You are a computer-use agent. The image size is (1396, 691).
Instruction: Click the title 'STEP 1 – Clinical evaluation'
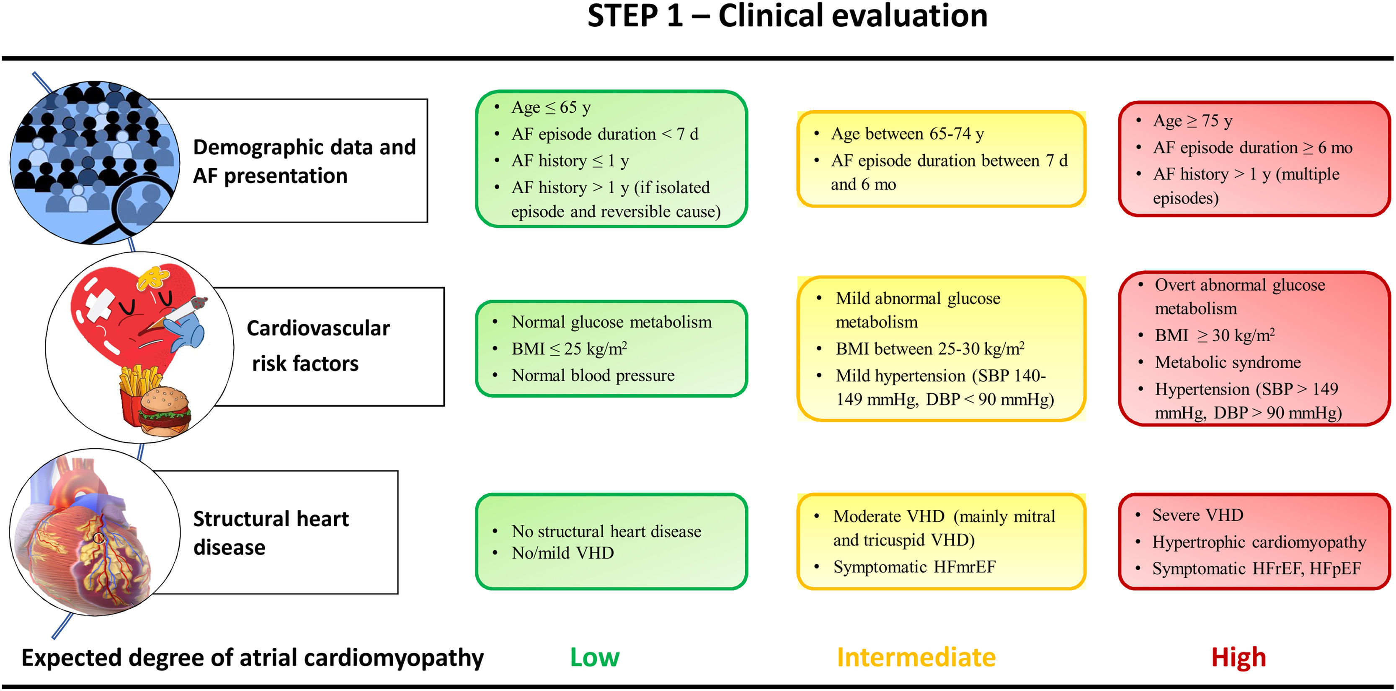coord(787,16)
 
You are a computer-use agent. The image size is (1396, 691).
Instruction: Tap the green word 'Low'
coord(594,657)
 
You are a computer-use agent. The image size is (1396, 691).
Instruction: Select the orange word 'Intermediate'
coord(916,657)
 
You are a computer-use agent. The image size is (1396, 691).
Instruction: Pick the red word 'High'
coord(1238,657)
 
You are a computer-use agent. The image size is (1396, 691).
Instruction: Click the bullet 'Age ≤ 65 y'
coord(551,107)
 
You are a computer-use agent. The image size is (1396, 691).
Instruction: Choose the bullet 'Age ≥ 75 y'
coord(1192,120)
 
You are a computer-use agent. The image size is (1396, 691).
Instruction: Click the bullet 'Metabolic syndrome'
coord(1228,362)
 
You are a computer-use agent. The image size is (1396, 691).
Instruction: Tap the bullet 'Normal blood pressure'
coord(593,375)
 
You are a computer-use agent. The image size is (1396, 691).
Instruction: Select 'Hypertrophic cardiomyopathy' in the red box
coord(1259,542)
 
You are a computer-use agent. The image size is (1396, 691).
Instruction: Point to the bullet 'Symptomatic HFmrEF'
coord(914,567)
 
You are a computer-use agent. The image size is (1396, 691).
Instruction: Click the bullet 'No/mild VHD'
coord(563,553)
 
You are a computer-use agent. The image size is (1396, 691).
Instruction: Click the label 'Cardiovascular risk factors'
coord(317,345)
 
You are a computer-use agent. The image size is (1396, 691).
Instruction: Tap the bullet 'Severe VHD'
coord(1197,515)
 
